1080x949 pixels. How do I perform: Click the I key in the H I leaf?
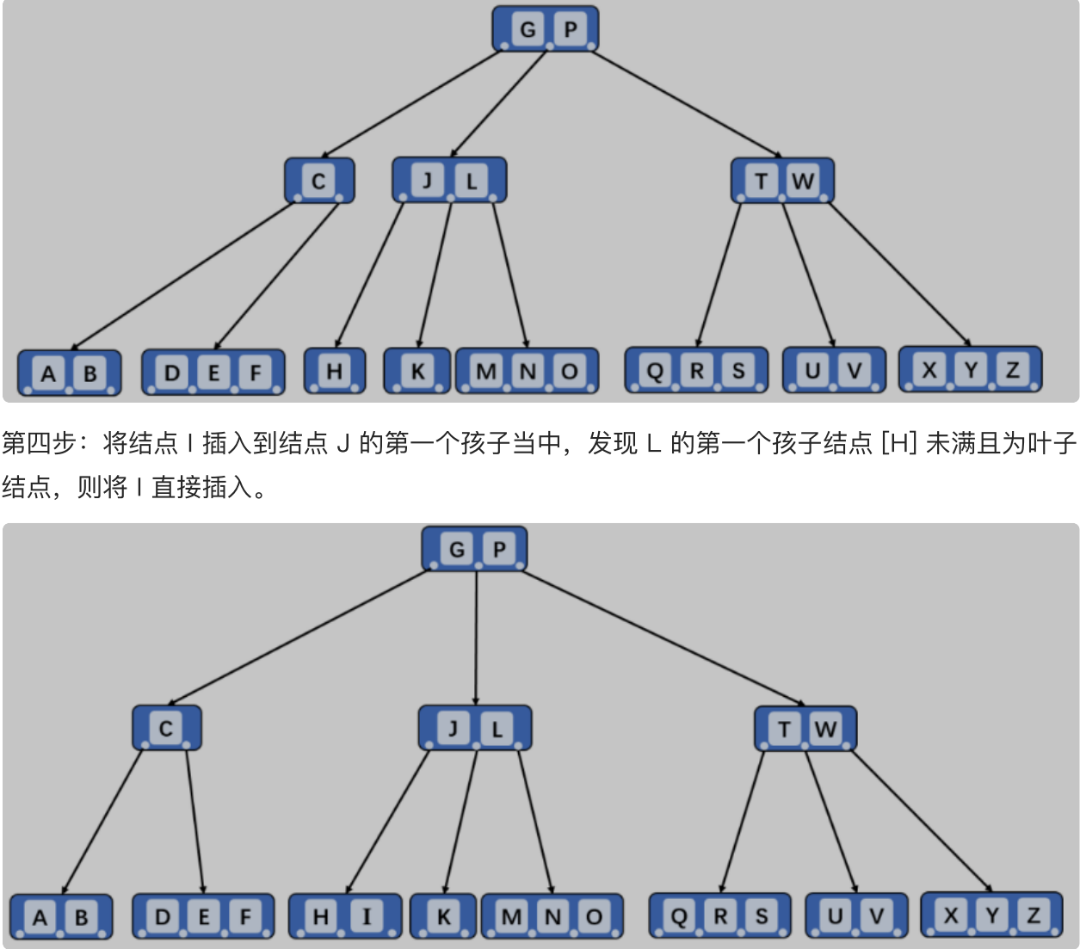(x=367, y=916)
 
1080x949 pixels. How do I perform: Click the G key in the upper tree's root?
(x=528, y=28)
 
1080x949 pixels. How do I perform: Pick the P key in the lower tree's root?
(x=499, y=549)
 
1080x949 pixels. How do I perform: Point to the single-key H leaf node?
(x=335, y=371)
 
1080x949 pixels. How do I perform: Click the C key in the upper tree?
(x=318, y=181)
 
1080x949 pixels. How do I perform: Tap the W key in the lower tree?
(x=826, y=729)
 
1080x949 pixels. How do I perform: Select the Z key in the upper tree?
(x=1012, y=369)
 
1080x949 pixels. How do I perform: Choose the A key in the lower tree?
(x=40, y=917)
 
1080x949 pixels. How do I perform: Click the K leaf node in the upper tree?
(x=417, y=371)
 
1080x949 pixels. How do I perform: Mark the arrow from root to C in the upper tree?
(x=410, y=104)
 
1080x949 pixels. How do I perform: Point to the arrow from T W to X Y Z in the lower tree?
(x=922, y=821)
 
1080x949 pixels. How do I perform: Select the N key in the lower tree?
(x=552, y=916)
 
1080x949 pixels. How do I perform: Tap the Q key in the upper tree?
(x=655, y=370)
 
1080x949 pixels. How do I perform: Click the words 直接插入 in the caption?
(x=202, y=487)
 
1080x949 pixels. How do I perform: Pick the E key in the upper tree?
(x=213, y=373)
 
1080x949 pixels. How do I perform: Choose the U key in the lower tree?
(x=835, y=916)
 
